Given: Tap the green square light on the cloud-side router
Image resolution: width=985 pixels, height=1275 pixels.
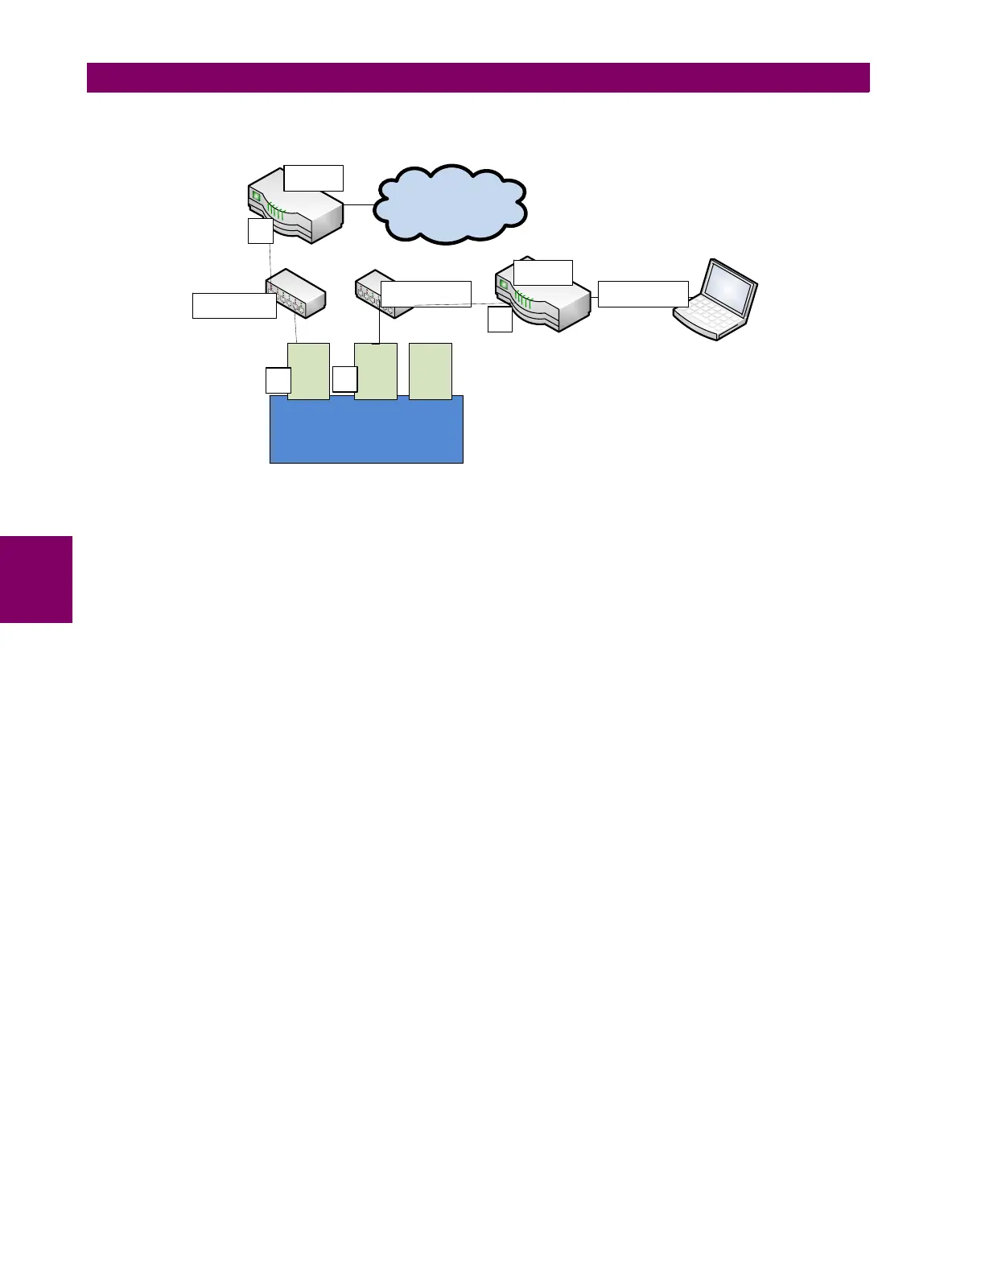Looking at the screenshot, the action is (256, 196).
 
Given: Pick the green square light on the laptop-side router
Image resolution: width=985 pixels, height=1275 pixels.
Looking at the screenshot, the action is (504, 284).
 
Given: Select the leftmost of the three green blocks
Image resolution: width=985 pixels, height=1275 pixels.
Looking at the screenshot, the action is (308, 370).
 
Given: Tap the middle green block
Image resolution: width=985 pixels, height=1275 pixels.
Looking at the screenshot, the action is (376, 370).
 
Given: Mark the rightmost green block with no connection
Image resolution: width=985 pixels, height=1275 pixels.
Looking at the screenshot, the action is (431, 370).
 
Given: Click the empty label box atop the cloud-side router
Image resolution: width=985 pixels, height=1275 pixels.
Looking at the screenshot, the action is (314, 178).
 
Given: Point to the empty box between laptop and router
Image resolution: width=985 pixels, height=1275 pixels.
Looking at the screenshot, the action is (643, 294).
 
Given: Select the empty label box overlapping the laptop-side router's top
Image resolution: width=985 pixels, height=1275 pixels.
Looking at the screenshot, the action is (543, 272).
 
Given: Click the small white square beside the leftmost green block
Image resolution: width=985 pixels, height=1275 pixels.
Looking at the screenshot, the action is (278, 381).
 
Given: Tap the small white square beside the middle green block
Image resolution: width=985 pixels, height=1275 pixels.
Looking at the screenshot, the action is (344, 379).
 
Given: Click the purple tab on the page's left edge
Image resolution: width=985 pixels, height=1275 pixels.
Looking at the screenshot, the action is (36, 579).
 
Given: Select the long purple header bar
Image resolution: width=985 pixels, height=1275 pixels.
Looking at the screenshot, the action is (478, 77).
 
